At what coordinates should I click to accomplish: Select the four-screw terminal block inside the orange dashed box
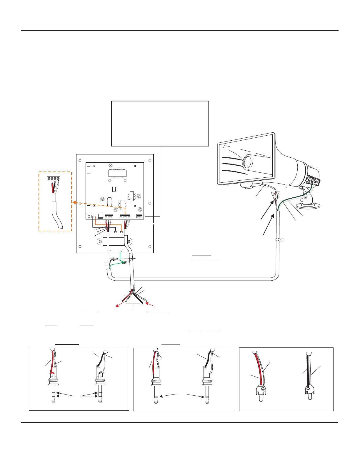click(x=54, y=178)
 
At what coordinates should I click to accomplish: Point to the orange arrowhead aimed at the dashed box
click(x=74, y=202)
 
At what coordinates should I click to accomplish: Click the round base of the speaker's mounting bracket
click(x=308, y=206)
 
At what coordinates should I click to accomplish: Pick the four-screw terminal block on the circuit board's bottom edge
click(x=125, y=216)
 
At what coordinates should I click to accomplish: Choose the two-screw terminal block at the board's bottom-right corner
click(x=139, y=216)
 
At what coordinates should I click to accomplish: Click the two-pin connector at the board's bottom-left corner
click(x=94, y=216)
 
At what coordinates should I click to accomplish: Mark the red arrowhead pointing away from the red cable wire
click(x=117, y=306)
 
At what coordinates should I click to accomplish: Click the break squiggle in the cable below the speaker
click(x=279, y=240)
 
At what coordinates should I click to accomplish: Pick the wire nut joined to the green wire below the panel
click(x=124, y=262)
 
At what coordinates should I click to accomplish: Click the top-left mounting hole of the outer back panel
click(x=80, y=161)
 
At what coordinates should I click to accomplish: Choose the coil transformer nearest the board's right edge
click(x=131, y=196)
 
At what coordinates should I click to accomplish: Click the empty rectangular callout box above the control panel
click(x=160, y=124)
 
